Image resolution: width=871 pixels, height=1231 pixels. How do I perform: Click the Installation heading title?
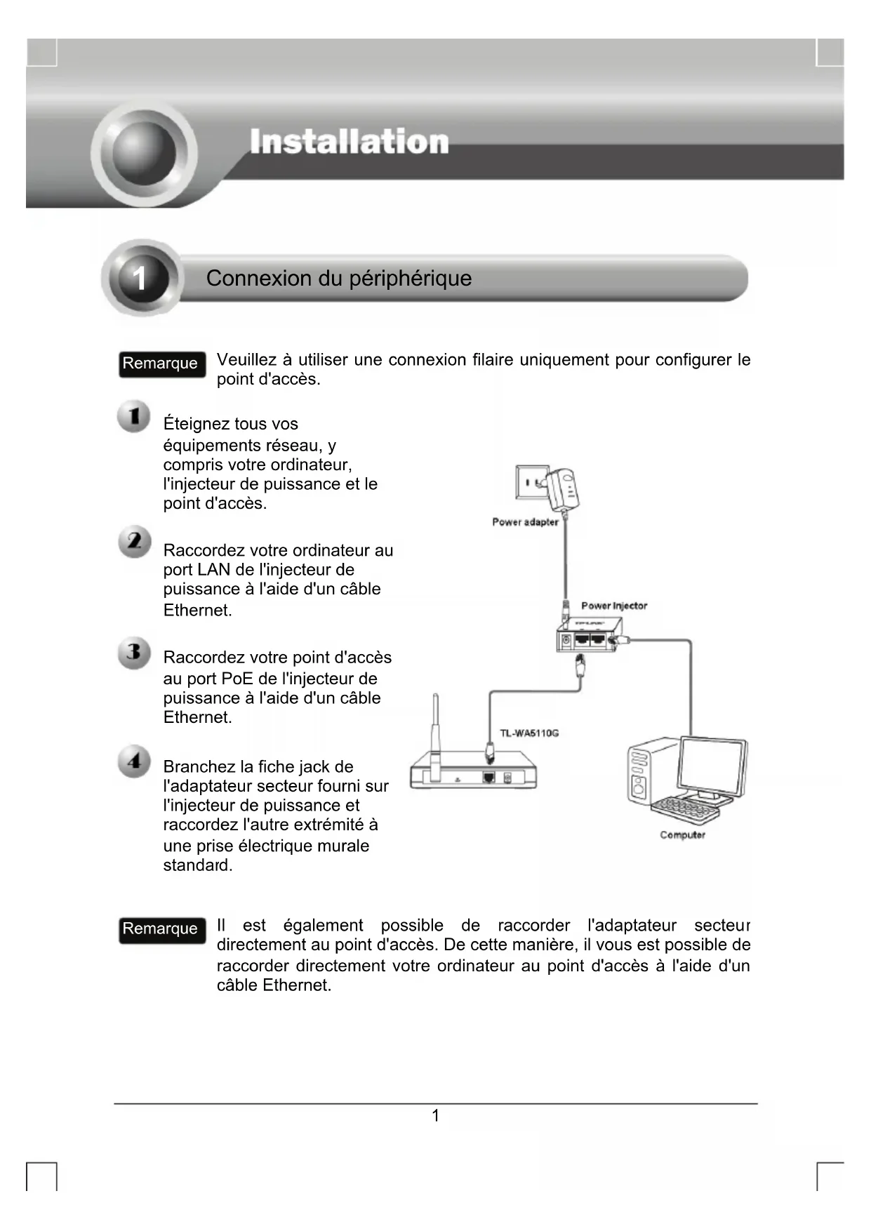(x=349, y=142)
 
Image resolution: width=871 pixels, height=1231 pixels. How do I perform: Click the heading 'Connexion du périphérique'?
(x=338, y=279)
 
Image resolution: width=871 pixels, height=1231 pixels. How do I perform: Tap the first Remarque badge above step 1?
(x=161, y=364)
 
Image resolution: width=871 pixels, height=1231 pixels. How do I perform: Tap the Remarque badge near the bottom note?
(x=161, y=929)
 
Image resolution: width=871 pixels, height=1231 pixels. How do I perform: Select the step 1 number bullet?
(x=133, y=416)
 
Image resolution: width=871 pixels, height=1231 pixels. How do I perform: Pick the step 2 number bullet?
(x=134, y=541)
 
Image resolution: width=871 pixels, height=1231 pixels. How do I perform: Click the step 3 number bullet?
(x=133, y=653)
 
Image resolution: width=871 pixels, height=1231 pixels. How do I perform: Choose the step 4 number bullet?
(x=134, y=761)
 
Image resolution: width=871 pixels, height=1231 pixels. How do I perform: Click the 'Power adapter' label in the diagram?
(x=525, y=522)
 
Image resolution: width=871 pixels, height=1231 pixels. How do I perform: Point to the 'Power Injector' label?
(x=614, y=606)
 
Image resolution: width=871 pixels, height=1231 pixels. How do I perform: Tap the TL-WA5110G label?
(x=529, y=733)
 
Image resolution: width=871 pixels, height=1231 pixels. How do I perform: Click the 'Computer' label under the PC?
(x=682, y=835)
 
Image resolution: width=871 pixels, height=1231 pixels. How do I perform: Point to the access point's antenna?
(x=435, y=730)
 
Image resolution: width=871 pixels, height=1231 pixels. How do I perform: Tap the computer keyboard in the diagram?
(x=685, y=811)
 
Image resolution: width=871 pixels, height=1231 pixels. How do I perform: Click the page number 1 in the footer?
(x=435, y=1116)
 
